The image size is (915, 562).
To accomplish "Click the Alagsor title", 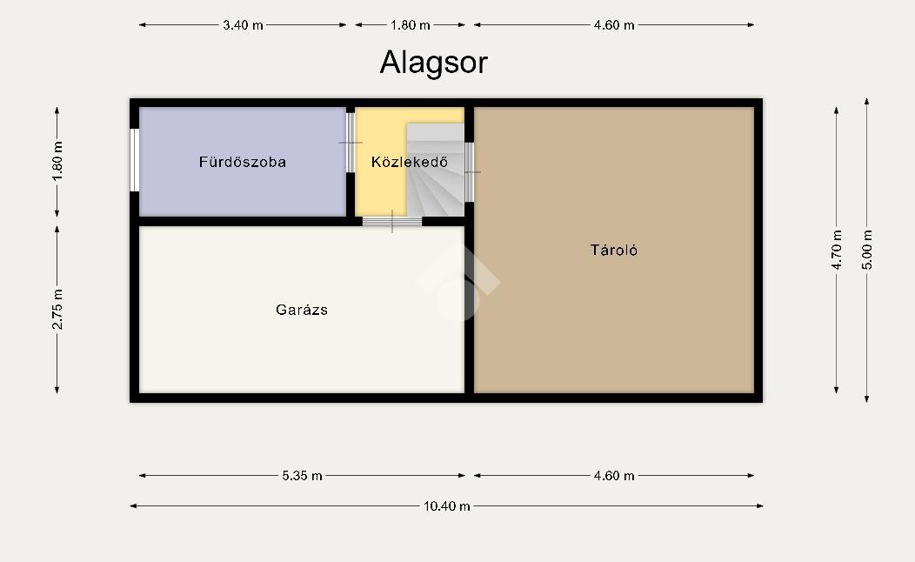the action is [433, 63].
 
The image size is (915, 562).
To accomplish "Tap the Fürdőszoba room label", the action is [243, 162].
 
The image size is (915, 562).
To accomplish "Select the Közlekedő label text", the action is [410, 162].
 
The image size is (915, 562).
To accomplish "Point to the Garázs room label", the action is [302, 310].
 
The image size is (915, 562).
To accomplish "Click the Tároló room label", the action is [614, 250].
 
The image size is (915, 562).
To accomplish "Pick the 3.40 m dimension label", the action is [243, 25].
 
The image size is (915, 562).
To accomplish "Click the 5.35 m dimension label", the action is [303, 476].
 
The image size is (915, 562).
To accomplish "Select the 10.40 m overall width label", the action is [447, 506].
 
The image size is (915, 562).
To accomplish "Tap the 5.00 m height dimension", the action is [867, 250].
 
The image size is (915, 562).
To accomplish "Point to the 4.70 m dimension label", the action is [837, 250].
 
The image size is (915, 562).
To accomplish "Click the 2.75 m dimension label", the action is [57, 310].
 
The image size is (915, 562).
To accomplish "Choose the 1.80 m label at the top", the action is [411, 25].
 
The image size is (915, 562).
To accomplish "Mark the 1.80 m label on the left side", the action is [57, 162].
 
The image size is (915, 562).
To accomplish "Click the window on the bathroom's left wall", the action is [134, 160].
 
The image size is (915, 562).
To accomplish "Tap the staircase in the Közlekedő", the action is [436, 170].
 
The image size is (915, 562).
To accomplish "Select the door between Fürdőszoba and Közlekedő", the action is [351, 143].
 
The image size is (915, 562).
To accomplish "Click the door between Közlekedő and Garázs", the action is [392, 221].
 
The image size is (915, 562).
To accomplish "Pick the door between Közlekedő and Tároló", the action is [469, 172].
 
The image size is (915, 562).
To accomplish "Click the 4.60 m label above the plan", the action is [614, 25].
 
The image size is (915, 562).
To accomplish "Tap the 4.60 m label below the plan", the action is [614, 476].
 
